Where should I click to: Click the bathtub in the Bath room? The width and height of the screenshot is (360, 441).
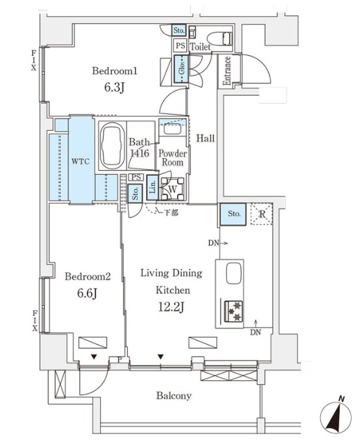[113, 146]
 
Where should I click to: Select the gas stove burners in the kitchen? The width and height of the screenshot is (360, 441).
[234, 311]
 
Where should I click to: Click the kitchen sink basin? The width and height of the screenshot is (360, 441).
[234, 273]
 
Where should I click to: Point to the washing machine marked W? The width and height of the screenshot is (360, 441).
[173, 189]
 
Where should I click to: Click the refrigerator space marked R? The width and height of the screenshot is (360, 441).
[262, 214]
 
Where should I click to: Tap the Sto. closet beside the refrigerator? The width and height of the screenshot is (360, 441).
[233, 214]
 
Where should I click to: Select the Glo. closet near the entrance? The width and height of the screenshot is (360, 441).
[181, 69]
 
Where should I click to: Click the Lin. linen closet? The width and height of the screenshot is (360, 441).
[152, 188]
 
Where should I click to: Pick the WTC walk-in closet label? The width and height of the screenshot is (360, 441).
[80, 162]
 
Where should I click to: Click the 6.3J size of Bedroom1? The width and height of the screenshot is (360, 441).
[115, 87]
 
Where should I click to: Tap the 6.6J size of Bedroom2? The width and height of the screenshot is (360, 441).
[87, 293]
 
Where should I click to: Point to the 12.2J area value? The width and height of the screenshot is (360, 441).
[171, 307]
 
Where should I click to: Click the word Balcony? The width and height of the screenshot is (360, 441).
[174, 395]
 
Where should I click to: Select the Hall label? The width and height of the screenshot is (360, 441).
[206, 138]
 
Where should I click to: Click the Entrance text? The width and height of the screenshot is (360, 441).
[227, 70]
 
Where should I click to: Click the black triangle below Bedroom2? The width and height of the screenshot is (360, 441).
[94, 357]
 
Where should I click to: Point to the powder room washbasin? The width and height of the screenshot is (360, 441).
[173, 129]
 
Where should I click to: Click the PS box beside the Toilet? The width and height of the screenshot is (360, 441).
[180, 46]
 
